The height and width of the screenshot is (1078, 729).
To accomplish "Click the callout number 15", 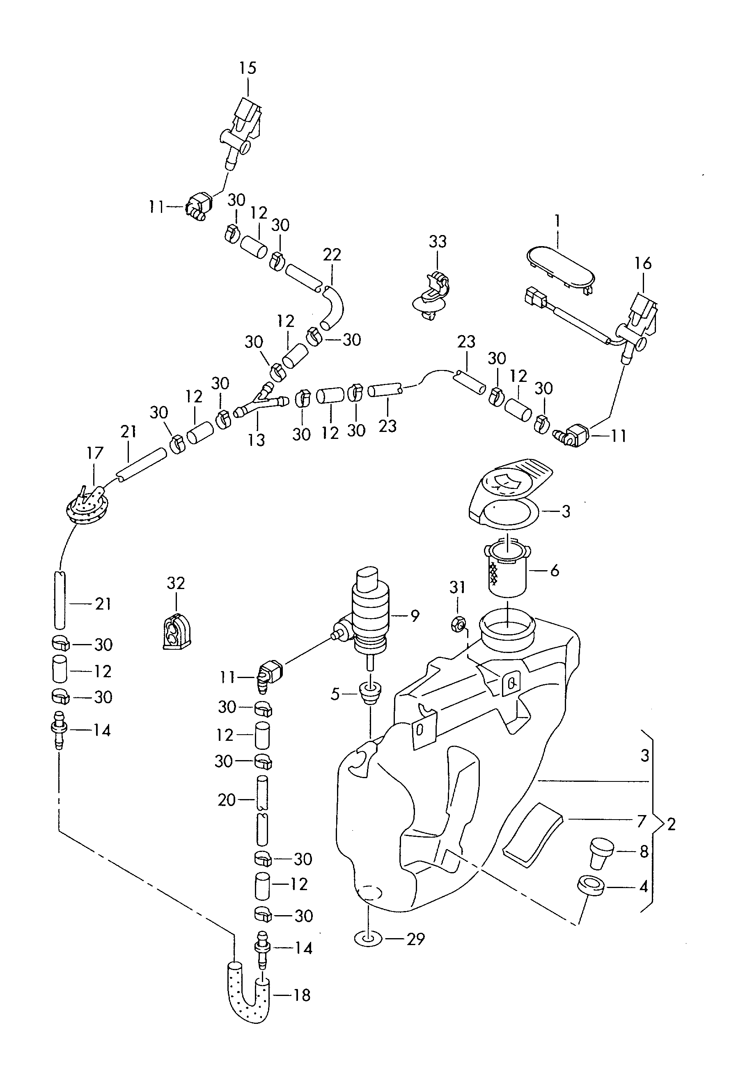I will click(x=248, y=68).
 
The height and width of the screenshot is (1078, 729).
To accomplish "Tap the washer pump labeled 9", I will click(x=370, y=611).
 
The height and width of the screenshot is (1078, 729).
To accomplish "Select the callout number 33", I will click(x=437, y=241).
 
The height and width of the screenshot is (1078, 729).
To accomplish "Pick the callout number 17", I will click(x=95, y=453).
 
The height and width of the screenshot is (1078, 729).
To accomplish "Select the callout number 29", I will click(x=415, y=939).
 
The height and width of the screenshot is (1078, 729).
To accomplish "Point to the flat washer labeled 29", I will click(x=368, y=939).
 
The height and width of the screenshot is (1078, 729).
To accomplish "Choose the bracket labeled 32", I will click(x=177, y=631).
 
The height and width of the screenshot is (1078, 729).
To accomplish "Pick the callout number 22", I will click(x=332, y=255).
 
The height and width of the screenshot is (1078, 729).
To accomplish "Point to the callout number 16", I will click(x=643, y=263).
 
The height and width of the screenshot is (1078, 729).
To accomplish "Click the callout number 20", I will click(x=227, y=800).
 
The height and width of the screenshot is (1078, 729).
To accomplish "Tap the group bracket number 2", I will click(x=671, y=824).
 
